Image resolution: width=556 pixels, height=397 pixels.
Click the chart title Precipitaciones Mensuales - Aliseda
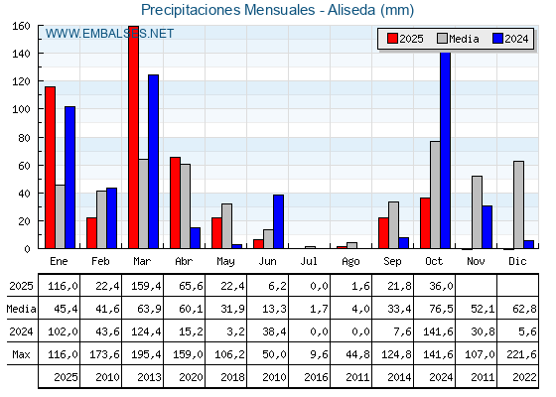pos(277,10)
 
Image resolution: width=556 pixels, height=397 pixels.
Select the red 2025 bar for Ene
pos(50,168)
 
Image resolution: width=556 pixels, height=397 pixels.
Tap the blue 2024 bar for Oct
pos(445,150)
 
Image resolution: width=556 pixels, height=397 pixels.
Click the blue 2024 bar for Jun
pos(278,221)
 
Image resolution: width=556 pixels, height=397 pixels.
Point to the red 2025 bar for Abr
pos(175,202)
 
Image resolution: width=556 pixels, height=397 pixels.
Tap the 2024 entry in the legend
pos(507,39)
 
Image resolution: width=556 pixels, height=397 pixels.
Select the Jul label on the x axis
pos(310,260)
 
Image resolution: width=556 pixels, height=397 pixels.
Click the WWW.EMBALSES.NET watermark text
pos(109,34)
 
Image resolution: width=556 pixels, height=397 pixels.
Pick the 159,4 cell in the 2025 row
pos(143,285)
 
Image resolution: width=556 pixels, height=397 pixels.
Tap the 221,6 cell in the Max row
pos(518,353)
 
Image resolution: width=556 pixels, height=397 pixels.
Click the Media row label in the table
pos(19,308)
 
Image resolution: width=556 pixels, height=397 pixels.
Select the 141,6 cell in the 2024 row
pos(435,331)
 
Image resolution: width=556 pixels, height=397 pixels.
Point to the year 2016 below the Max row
pos(310,377)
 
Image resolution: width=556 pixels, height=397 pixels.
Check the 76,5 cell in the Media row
pos(435,308)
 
